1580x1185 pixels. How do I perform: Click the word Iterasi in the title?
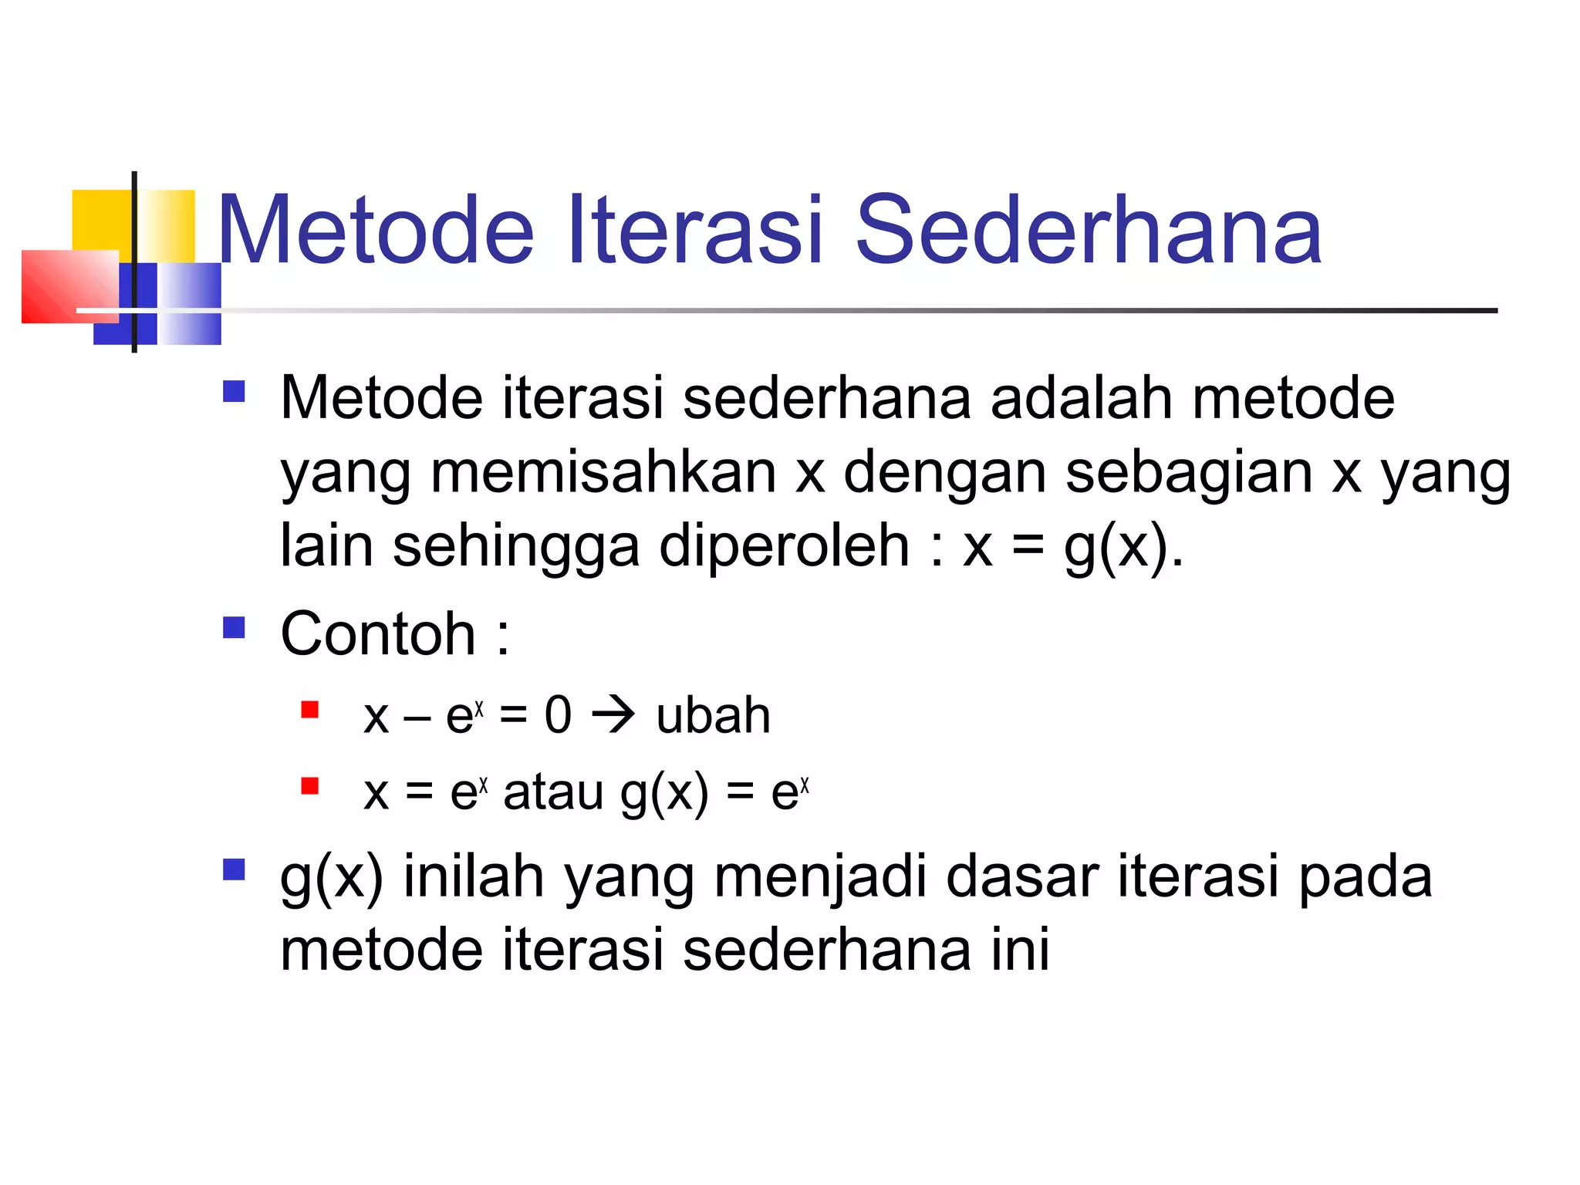point(694,230)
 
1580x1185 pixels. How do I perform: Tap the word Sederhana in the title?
point(1089,230)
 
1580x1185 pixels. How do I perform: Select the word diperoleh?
point(784,546)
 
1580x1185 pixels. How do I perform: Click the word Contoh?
point(378,634)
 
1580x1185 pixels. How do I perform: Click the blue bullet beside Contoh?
point(234,627)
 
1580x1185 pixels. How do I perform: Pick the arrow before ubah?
point(613,715)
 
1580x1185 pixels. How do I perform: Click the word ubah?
point(713,716)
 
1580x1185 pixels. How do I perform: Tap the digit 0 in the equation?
point(558,714)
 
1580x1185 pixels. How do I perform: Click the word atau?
point(553,792)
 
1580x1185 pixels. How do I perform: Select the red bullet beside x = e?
point(310,786)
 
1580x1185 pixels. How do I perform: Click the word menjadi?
point(819,878)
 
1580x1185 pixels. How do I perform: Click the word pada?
point(1365,878)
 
